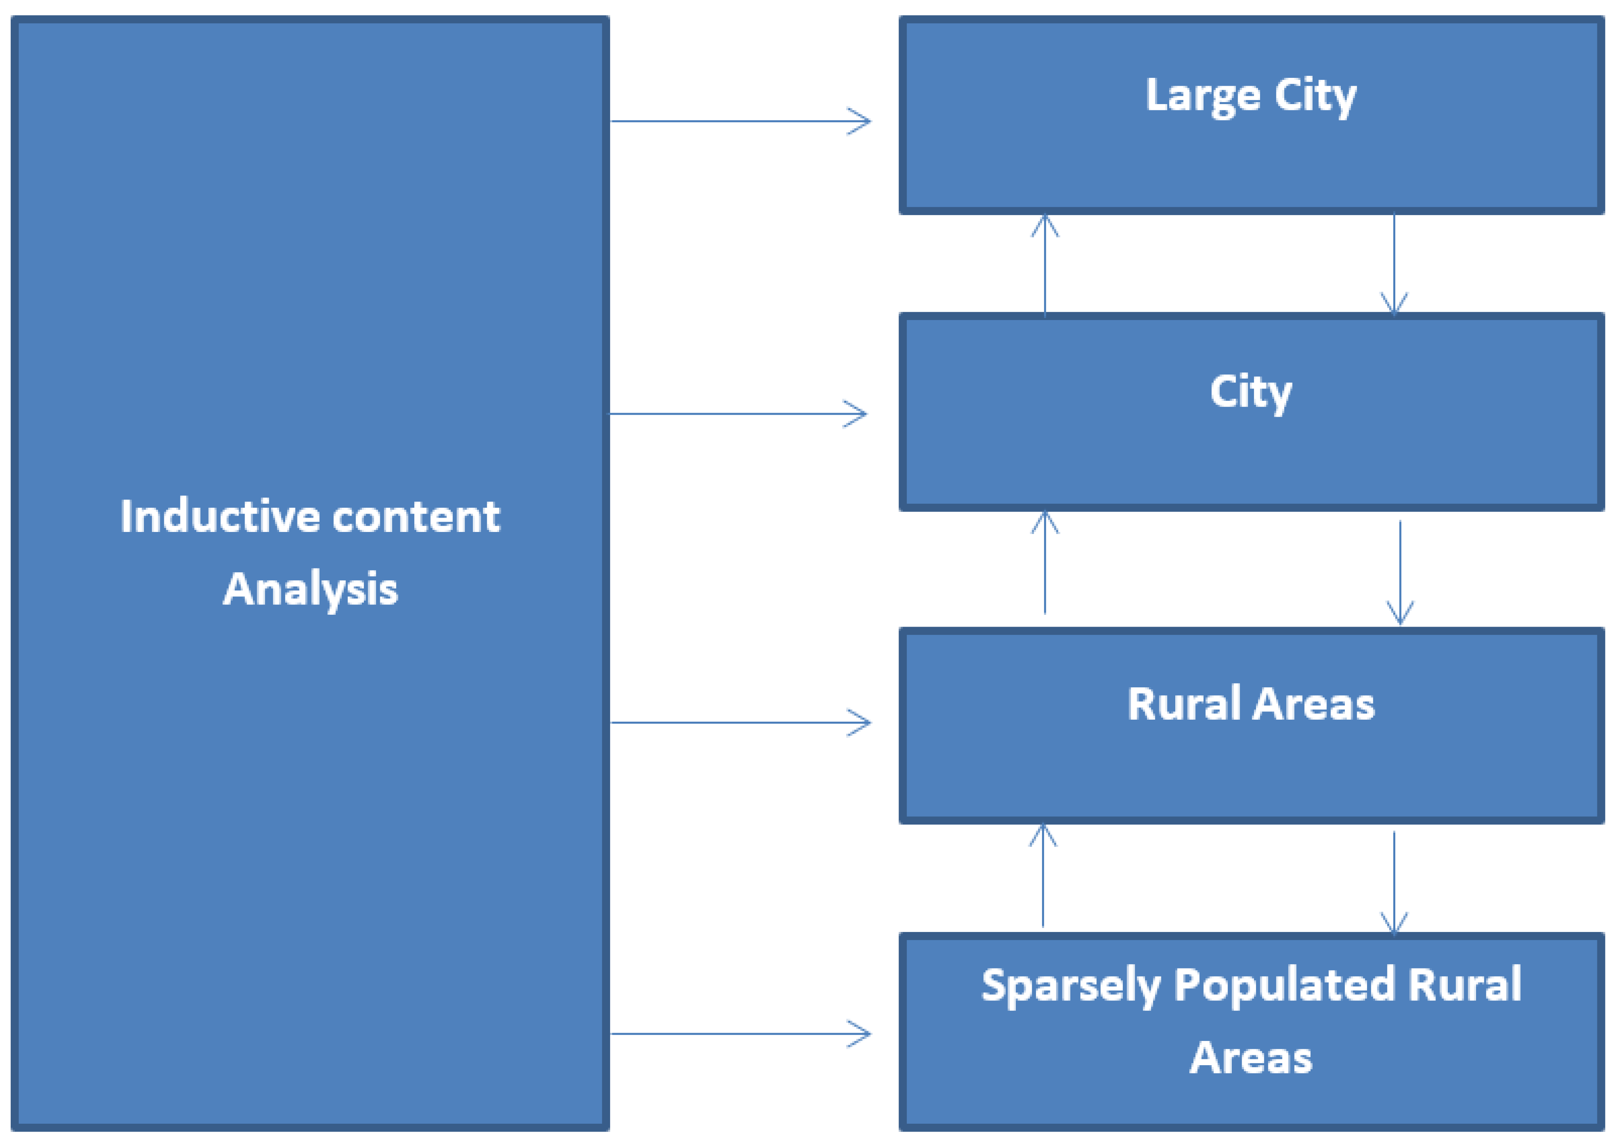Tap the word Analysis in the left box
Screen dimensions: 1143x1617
point(310,590)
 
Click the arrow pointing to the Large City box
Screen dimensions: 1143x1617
point(740,121)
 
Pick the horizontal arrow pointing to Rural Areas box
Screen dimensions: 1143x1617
point(740,723)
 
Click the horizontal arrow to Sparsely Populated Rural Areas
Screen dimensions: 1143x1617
point(740,1034)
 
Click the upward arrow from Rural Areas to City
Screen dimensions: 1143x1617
point(1045,564)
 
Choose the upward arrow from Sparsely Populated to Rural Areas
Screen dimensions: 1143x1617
point(1043,875)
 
